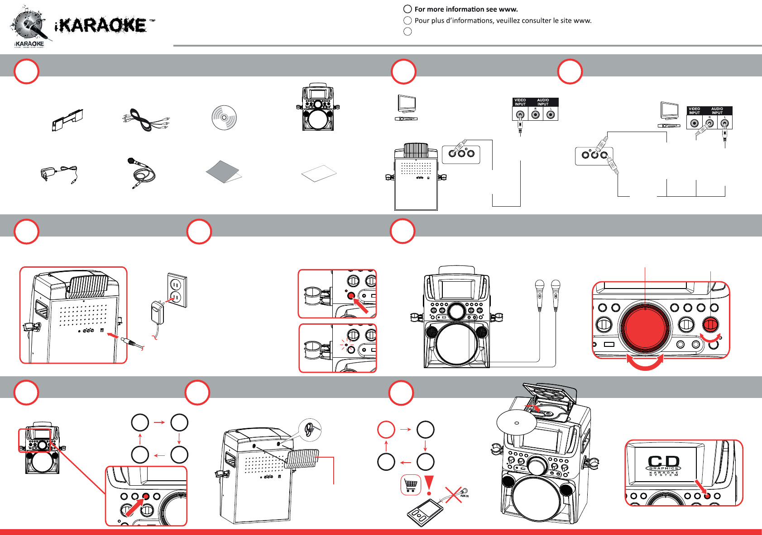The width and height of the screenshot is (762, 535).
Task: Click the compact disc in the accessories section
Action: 224,118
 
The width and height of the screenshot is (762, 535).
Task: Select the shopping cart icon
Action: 411,485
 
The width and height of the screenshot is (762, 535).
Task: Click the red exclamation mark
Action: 429,485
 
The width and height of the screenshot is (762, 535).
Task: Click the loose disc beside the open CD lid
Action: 516,423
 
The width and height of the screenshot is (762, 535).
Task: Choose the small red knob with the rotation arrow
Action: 710,324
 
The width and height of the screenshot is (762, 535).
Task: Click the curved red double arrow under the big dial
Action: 645,362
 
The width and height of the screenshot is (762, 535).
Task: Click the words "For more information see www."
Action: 466,9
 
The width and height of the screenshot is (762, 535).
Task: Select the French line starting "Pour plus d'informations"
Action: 503,21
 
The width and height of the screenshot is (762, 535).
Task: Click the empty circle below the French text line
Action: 407,32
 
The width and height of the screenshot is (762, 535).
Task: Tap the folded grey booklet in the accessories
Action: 223,172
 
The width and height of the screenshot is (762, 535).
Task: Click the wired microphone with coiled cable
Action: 141,171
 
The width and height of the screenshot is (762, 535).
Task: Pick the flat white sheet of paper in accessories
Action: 319,173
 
